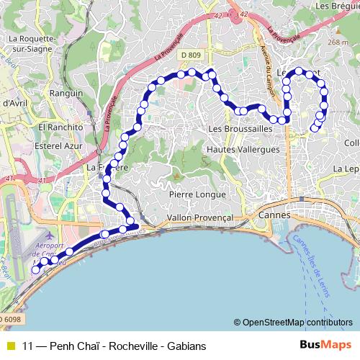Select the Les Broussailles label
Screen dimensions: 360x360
(240, 127)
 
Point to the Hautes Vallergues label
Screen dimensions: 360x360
(243, 149)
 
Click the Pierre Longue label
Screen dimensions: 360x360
(197, 194)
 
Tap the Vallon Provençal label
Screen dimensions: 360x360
(200, 217)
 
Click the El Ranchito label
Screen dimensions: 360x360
(62, 127)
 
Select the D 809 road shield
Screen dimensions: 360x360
(192, 55)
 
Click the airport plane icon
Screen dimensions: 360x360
(48, 236)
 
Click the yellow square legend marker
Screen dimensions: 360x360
(10, 346)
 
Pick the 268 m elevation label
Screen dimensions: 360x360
(337, 42)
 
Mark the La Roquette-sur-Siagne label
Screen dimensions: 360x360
(31, 45)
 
